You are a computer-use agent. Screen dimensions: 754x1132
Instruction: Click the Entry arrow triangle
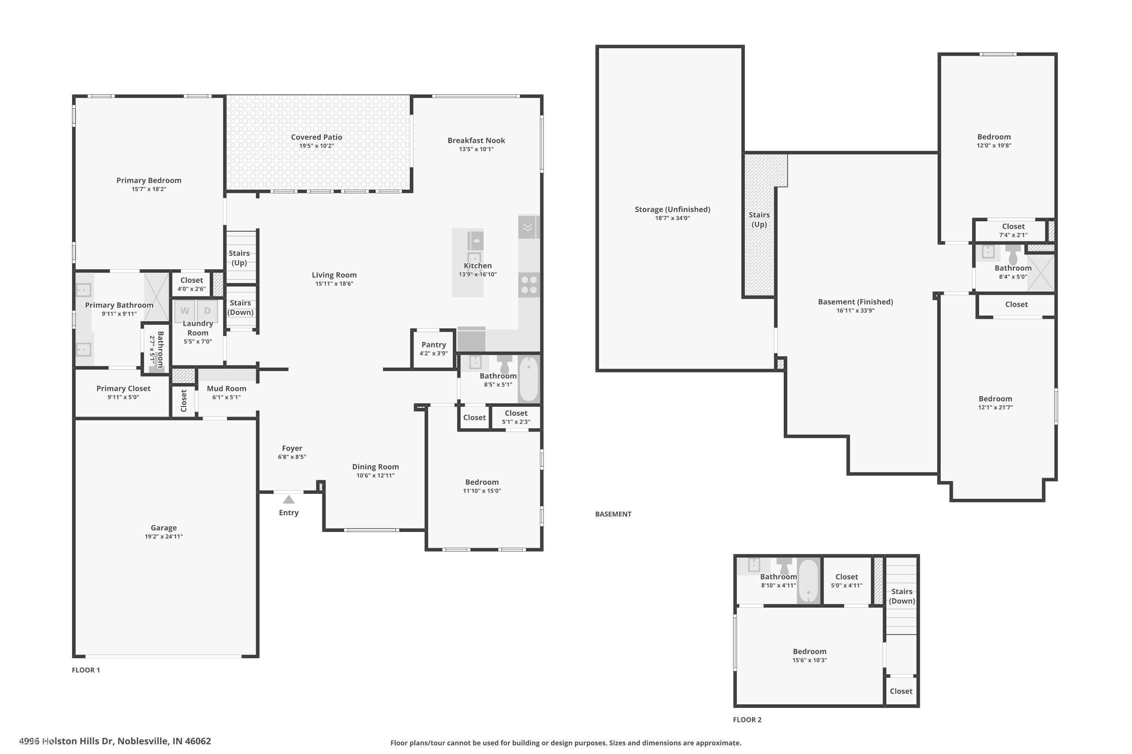click(288, 500)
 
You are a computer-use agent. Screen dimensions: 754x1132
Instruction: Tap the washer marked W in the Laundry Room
click(185, 311)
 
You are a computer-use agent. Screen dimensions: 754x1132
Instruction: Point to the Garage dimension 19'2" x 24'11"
click(164, 536)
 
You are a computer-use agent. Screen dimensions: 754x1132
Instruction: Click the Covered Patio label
click(316, 137)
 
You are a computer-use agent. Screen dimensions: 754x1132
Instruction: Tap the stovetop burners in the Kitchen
click(529, 285)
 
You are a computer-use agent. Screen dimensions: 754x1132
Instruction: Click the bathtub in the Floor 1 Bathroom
click(529, 379)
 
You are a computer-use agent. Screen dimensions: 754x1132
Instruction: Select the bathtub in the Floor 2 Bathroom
click(808, 581)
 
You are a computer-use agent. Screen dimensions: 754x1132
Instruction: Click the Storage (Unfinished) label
click(672, 209)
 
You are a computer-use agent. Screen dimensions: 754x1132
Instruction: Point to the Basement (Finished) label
click(855, 302)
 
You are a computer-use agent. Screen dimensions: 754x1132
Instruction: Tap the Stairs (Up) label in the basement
click(759, 220)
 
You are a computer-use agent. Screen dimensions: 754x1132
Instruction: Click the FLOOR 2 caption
click(747, 720)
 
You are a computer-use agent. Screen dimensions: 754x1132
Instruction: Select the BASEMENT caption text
click(613, 514)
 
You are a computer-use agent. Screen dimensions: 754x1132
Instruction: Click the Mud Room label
click(226, 389)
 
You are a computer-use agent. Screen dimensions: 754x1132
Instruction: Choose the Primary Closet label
click(123, 389)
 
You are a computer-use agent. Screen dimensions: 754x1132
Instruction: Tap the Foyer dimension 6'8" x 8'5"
click(292, 457)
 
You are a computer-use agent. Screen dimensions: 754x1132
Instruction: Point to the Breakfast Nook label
click(476, 140)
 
